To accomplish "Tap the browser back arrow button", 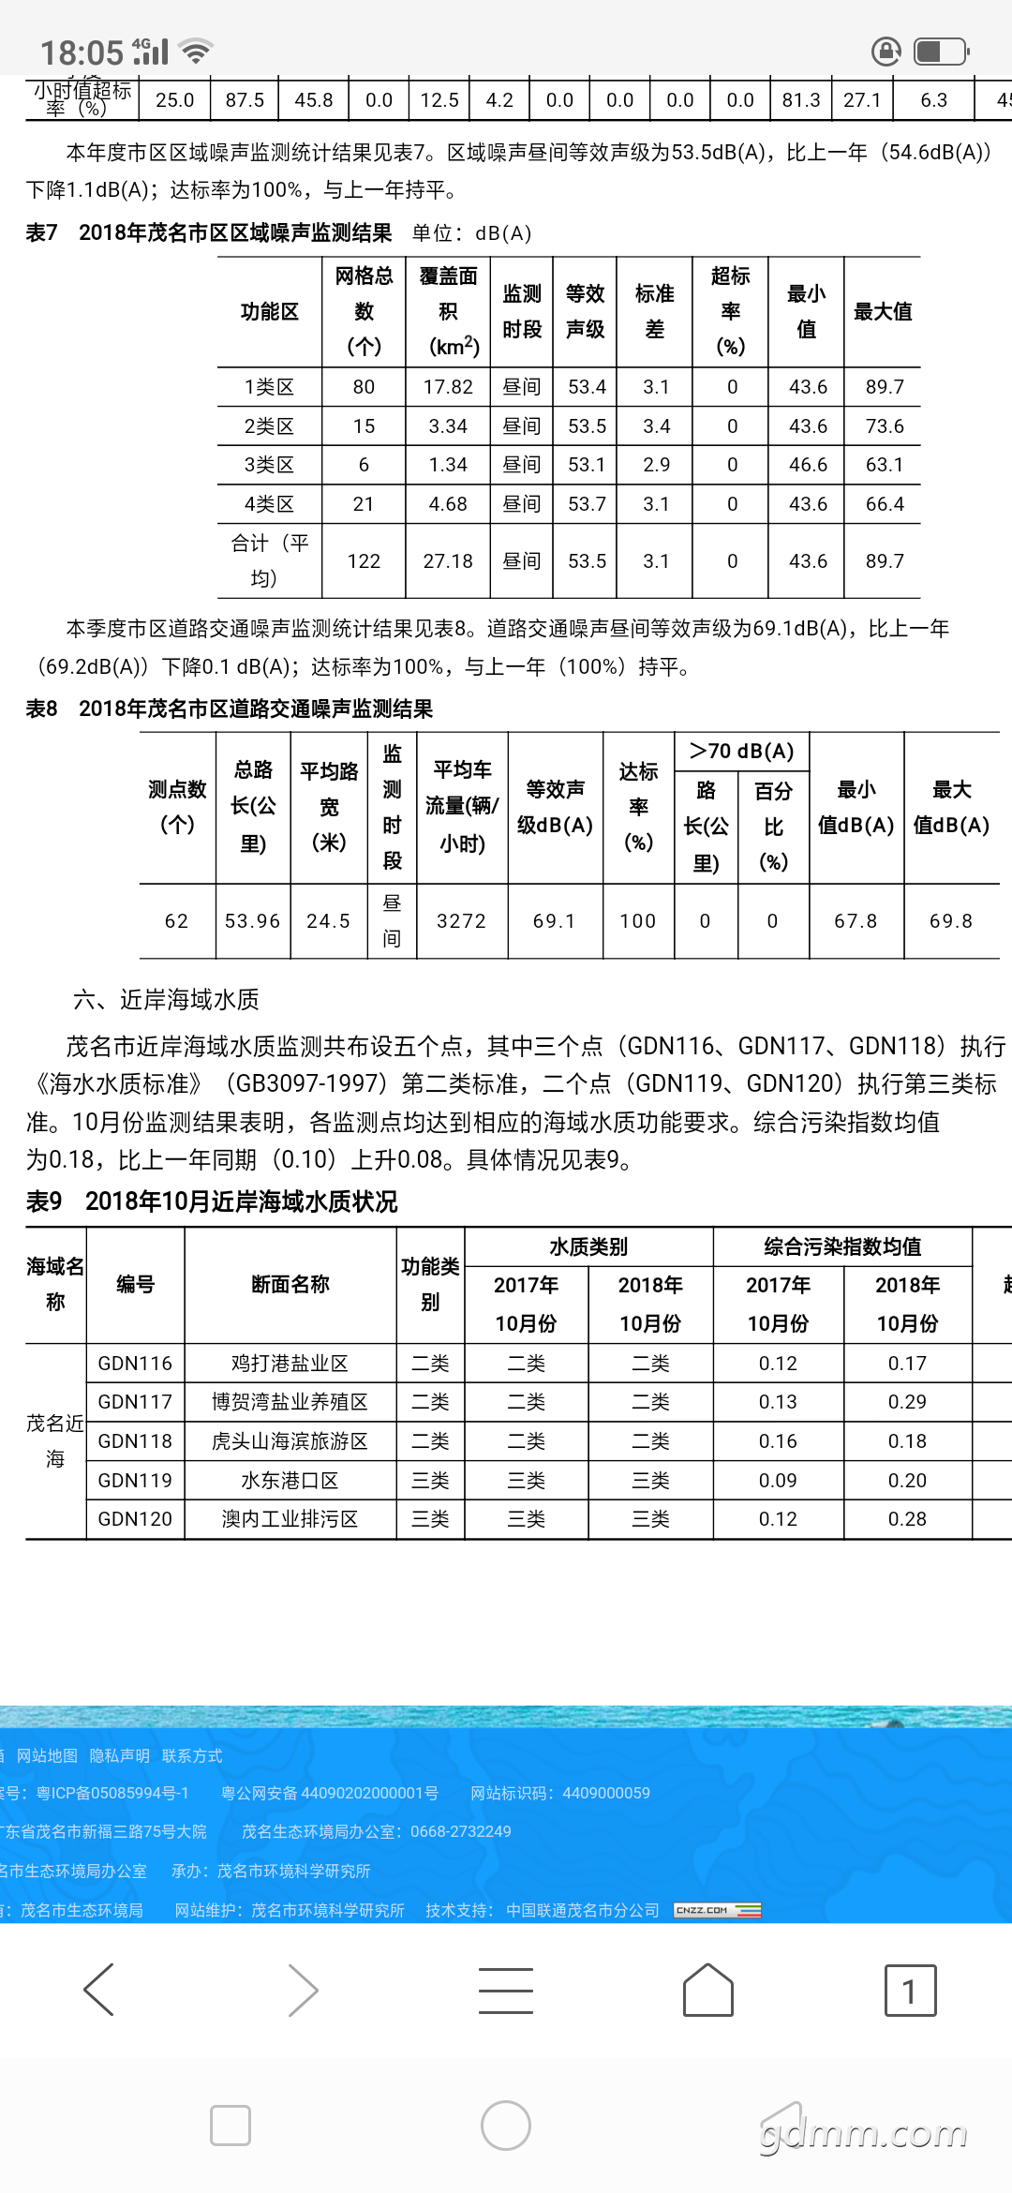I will coord(99,1989).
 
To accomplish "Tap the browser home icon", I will coord(708,1989).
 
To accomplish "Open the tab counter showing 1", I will coord(910,1989).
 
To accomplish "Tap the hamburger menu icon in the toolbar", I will coord(506,1990).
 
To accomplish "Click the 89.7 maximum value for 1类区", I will coord(885,387).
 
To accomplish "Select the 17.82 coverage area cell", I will coord(448,387).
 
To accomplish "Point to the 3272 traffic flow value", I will coord(462,921).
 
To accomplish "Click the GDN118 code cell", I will coord(135,1441).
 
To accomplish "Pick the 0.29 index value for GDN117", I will coord(907,1402).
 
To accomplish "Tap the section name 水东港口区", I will coord(290,1481).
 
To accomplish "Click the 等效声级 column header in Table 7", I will coord(586,311).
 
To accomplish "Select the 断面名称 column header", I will coord(290,1284).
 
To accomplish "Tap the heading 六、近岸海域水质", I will coord(166,1000).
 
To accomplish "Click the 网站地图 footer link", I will coord(47,1755).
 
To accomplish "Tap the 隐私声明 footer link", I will coord(119,1755).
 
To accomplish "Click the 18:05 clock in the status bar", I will coord(82,52).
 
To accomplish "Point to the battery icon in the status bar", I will coord(941,52).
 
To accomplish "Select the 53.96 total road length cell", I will coord(252,921).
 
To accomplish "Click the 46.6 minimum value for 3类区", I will coord(808,465).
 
